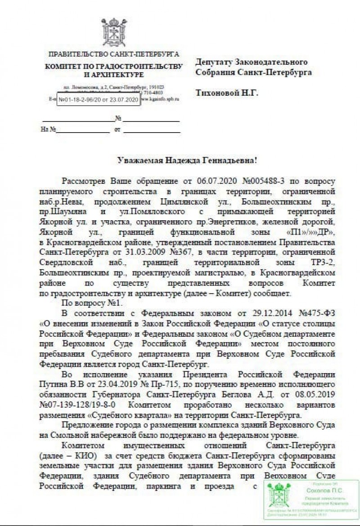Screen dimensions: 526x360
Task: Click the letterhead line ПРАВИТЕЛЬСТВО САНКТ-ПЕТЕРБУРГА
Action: [113, 55]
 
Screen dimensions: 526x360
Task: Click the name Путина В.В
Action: [58, 384]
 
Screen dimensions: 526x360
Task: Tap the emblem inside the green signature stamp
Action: [277, 499]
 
